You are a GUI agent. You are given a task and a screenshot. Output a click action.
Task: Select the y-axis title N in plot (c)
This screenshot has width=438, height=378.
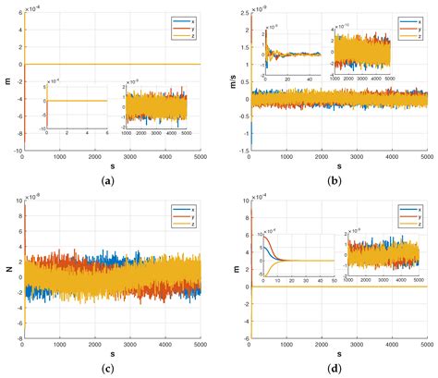point(8,271)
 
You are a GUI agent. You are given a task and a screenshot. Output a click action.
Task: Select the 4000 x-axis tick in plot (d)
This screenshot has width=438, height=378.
point(392,349)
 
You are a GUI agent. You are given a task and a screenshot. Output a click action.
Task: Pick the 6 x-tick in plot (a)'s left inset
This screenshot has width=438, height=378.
point(106,134)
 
